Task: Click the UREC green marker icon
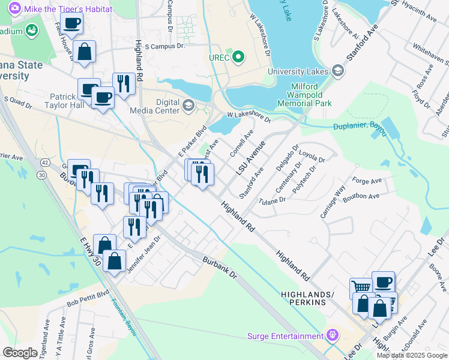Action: coord(238,58)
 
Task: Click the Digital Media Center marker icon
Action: coord(188,106)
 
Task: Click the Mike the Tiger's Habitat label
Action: coord(52,9)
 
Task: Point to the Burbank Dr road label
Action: coord(220,267)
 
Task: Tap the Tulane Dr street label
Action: coord(269,200)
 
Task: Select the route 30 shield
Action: coord(41,175)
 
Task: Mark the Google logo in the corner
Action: coord(20,353)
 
